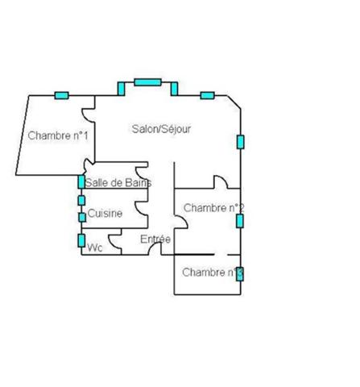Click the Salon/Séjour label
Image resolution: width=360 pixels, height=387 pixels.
[x=161, y=129]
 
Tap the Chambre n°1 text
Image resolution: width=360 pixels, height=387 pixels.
[x=58, y=135]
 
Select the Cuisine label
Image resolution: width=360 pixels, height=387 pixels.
[x=105, y=214]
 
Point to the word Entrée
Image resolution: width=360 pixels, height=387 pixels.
[x=155, y=239]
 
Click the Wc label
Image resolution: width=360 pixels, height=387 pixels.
[x=95, y=248]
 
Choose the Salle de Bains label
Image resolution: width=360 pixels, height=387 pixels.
[x=118, y=183]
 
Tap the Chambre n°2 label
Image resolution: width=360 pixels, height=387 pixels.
[x=213, y=208]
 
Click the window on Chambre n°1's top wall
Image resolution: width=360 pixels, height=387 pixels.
[x=61, y=95]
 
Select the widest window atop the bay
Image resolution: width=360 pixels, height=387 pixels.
[x=147, y=82]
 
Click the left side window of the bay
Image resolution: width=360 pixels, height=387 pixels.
[x=121, y=89]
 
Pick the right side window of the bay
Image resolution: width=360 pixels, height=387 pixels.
[x=174, y=89]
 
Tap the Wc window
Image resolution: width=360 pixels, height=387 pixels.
[x=81, y=240]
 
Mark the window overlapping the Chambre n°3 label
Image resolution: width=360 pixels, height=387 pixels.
[x=240, y=274]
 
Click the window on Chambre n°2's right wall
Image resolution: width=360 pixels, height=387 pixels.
[x=240, y=221]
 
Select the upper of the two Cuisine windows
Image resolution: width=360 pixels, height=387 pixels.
[x=81, y=201]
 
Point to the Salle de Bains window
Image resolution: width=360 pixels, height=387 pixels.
[x=81, y=181]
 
